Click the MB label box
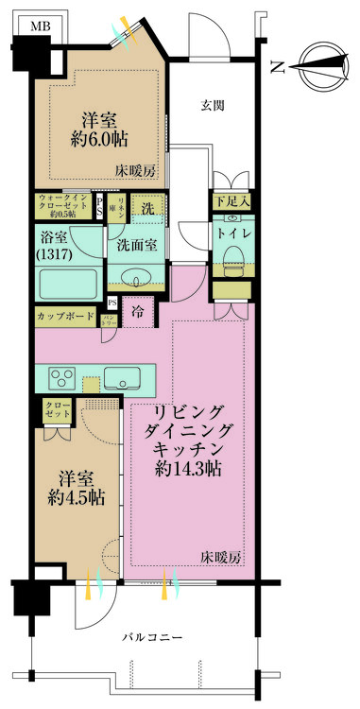coord(41,26)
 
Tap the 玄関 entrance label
coord(211,105)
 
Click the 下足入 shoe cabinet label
coord(229,201)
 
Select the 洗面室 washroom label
coord(136,243)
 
